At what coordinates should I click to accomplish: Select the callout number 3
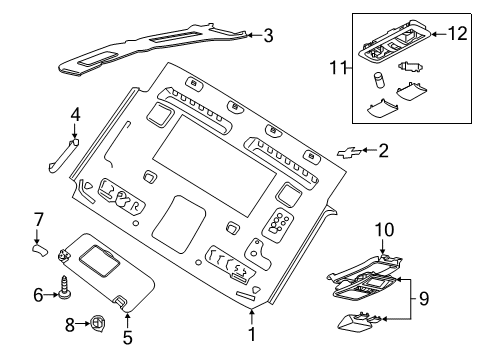268,36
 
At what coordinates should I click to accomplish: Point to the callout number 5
128,337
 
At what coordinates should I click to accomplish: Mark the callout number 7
37,218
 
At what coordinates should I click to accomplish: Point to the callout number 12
456,35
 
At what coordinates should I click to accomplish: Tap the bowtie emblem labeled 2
349,151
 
